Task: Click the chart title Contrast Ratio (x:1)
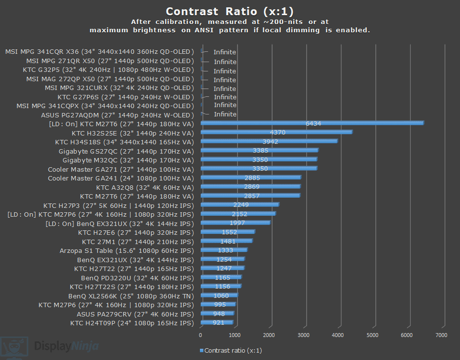pyautogui.click(x=230, y=11)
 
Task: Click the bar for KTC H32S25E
pyautogui.click(x=276, y=132)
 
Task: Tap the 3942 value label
pyautogui.click(x=270, y=141)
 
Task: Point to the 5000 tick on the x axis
pyautogui.click(x=372, y=335)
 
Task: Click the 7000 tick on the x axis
pyautogui.click(x=441, y=335)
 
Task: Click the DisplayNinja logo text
pyautogui.click(x=66, y=347)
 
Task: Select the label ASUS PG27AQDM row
pyautogui.click(x=117, y=115)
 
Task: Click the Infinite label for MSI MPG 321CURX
pyautogui.click(x=225, y=89)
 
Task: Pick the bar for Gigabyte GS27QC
pyautogui.click(x=259, y=151)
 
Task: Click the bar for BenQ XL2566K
pyautogui.click(x=219, y=295)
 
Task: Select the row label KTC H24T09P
pyautogui.click(x=132, y=323)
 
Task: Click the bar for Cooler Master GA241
pyautogui.click(x=250, y=178)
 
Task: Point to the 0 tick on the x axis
pyautogui.click(x=200, y=335)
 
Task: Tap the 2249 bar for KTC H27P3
pyautogui.click(x=240, y=205)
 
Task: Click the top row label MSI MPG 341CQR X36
pyautogui.click(x=100, y=52)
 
